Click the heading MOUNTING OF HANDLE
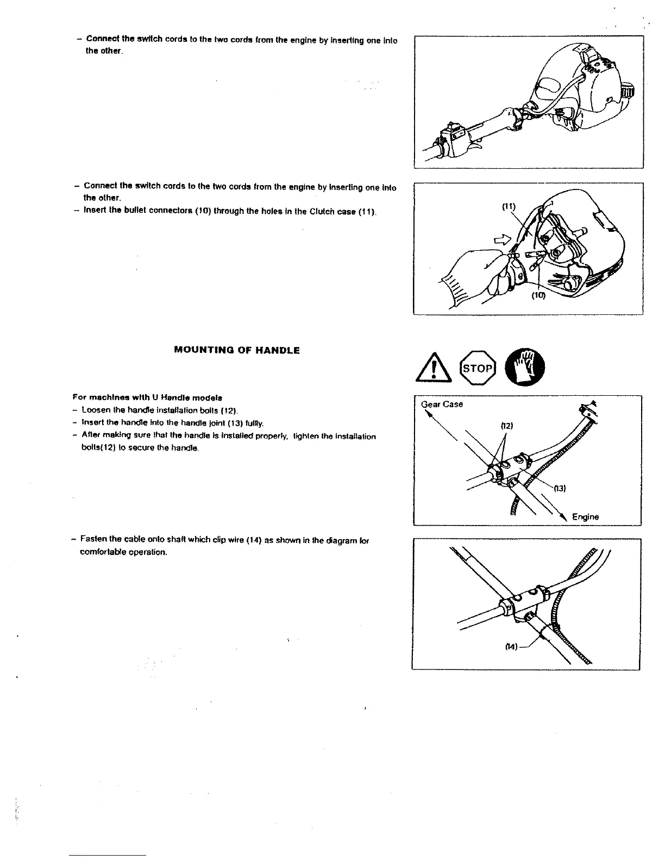[236, 351]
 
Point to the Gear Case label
[442, 404]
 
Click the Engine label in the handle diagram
[585, 517]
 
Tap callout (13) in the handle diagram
[560, 488]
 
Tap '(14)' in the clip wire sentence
[254, 540]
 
